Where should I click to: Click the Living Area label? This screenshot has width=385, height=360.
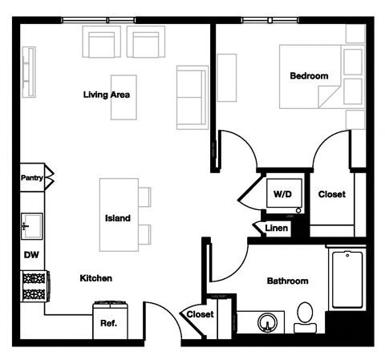pyautogui.click(x=107, y=95)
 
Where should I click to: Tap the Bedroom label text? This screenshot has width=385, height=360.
pyautogui.click(x=309, y=76)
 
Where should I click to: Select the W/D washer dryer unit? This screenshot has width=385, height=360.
pyautogui.click(x=282, y=195)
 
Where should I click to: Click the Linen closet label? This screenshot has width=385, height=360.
pyautogui.click(x=276, y=229)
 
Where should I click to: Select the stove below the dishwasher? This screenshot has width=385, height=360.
pyautogui.click(x=35, y=285)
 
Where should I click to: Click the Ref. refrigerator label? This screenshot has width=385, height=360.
pyautogui.click(x=109, y=325)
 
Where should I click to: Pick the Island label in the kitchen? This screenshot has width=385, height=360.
pyautogui.click(x=118, y=218)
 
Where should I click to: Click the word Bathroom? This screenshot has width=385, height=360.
pyautogui.click(x=287, y=281)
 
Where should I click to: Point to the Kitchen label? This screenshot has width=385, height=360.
pyautogui.click(x=95, y=279)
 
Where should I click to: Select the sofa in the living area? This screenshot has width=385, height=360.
pyautogui.click(x=191, y=97)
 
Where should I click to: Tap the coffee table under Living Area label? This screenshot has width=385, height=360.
pyautogui.click(x=124, y=107)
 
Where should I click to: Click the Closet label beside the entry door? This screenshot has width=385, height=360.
pyautogui.click(x=201, y=315)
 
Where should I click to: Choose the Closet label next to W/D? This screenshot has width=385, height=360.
pyautogui.click(x=331, y=195)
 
